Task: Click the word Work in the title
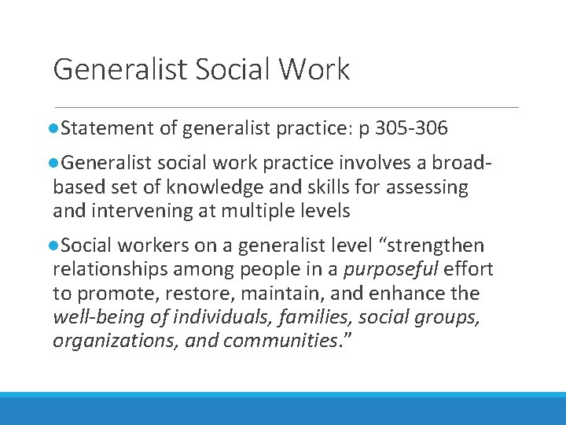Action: click(x=313, y=70)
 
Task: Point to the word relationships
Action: click(x=108, y=270)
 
